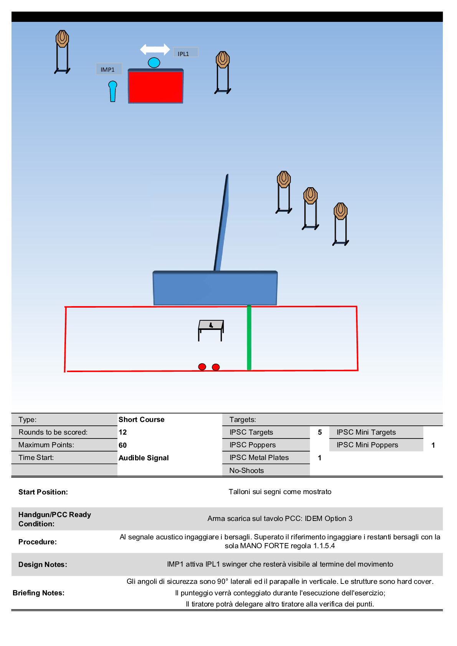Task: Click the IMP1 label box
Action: (109, 69)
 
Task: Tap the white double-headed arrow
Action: (155, 49)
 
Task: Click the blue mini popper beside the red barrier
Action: (112, 91)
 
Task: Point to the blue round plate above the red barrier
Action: (154, 63)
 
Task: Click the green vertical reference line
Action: (249, 338)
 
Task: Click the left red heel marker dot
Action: (202, 367)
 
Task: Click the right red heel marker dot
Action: (216, 367)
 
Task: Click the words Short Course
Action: (141, 419)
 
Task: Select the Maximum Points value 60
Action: (123, 445)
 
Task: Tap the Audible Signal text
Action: (144, 458)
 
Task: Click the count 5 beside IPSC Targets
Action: (320, 432)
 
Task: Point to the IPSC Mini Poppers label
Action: (367, 445)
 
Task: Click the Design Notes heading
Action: (43, 564)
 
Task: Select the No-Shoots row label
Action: (247, 470)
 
